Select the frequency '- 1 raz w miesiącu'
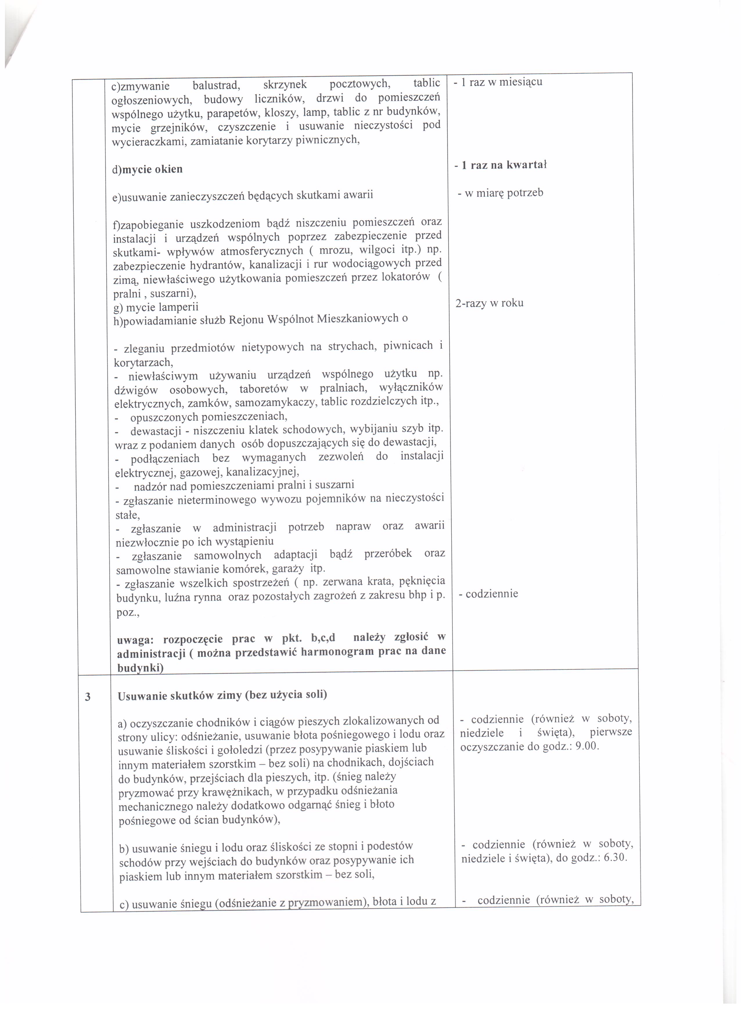click(x=498, y=82)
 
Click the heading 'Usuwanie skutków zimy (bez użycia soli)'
click(x=222, y=695)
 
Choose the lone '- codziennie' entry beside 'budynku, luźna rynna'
click(x=488, y=594)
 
